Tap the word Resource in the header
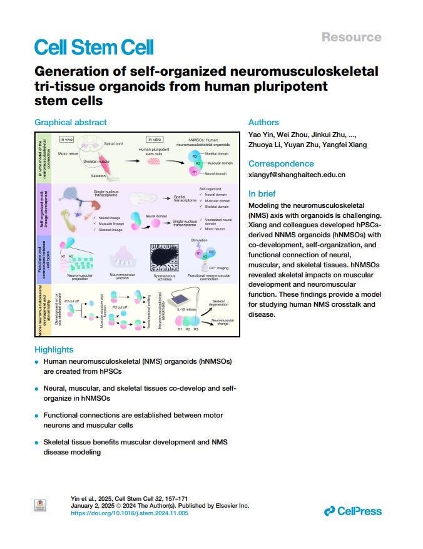[350, 37]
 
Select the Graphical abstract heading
[71, 123]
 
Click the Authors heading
[263, 123]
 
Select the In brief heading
[263, 193]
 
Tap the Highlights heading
[54, 349]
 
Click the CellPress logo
[353, 511]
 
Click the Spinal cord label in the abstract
[113, 143]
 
